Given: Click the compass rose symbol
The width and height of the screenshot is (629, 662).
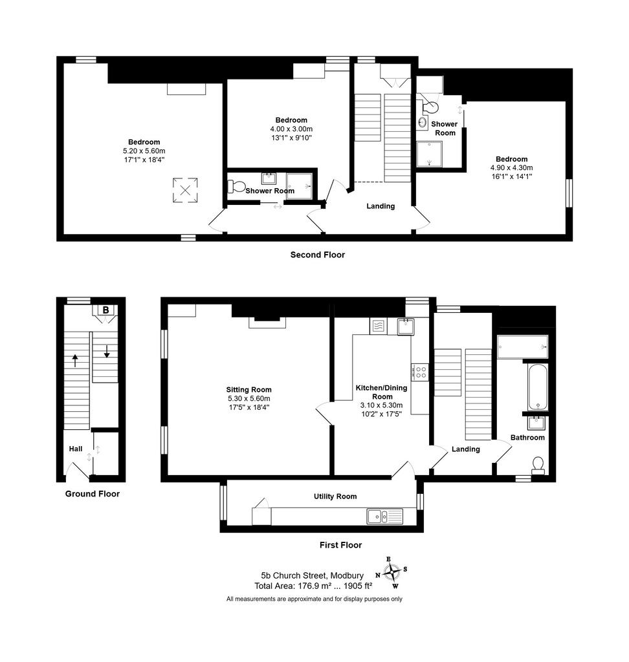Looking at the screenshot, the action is pyautogui.click(x=392, y=572).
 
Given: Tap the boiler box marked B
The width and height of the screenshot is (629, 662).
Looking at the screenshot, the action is pyautogui.click(x=105, y=310).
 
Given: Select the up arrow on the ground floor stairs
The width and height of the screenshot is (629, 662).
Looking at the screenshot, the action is pyautogui.click(x=75, y=361).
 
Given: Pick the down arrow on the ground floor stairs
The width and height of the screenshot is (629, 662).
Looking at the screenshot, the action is pyautogui.click(x=107, y=351).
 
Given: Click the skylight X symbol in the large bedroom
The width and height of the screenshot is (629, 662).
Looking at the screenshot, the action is pyautogui.click(x=185, y=190).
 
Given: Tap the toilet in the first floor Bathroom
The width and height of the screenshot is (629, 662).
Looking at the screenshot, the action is pyautogui.click(x=538, y=465).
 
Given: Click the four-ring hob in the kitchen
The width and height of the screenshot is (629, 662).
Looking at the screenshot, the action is pyautogui.click(x=419, y=372).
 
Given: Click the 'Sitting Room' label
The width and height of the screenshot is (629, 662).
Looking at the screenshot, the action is pyautogui.click(x=248, y=390).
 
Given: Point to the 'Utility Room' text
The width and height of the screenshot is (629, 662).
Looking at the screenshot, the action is pyautogui.click(x=335, y=496).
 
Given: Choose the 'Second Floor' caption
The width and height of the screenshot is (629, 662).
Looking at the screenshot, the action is pyautogui.click(x=318, y=255).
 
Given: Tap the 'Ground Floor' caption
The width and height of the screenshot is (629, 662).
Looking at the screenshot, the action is pyautogui.click(x=92, y=493).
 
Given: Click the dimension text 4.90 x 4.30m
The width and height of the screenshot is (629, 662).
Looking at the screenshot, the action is pyautogui.click(x=511, y=167).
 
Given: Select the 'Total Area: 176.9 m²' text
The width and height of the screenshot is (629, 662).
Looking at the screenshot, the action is pyautogui.click(x=296, y=586).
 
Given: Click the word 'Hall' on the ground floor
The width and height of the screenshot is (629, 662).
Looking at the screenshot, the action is pyautogui.click(x=76, y=449).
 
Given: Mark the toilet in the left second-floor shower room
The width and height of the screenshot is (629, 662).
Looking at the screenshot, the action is pyautogui.click(x=237, y=186).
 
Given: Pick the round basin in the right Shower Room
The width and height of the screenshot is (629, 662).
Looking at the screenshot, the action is pyautogui.click(x=422, y=122).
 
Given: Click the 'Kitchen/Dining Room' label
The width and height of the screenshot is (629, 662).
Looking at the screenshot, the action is pyautogui.click(x=382, y=392).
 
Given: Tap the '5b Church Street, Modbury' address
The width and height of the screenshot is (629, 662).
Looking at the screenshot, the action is pyautogui.click(x=313, y=575).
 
